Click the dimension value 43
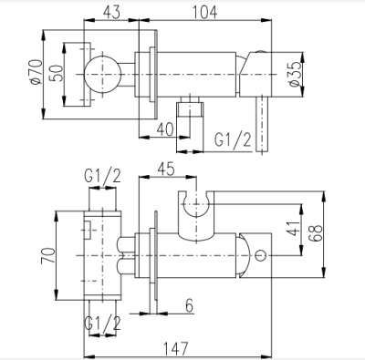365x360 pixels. point(111,13)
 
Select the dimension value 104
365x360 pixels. point(204,13)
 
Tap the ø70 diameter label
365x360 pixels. point(36,72)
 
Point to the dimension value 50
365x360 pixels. point(57,74)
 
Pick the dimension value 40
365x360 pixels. point(164,129)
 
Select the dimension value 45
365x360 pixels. point(165,169)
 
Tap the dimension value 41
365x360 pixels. point(293,229)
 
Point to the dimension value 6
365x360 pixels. point(189,305)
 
